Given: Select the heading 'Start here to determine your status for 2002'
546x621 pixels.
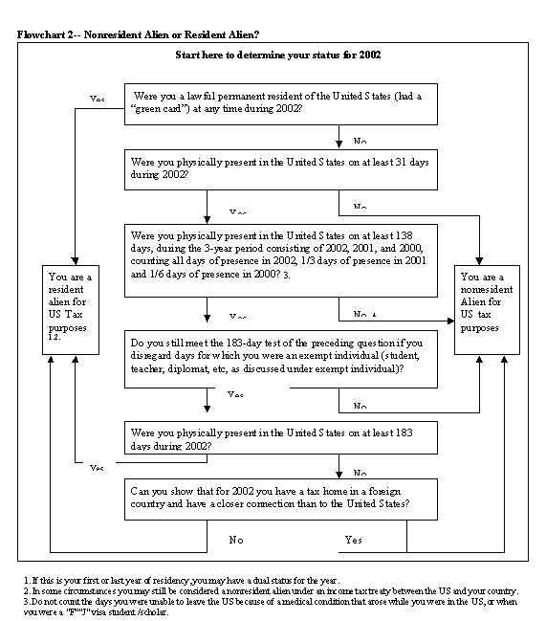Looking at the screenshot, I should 278,55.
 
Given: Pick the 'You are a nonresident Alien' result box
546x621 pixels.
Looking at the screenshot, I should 492,306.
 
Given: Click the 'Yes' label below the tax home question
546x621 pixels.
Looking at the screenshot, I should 354,541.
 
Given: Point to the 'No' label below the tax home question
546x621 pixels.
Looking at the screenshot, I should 236,541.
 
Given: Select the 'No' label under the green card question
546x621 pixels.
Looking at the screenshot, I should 360,141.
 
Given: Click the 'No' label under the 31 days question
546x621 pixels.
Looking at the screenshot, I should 360,207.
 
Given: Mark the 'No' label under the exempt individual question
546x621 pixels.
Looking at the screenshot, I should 360,406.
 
